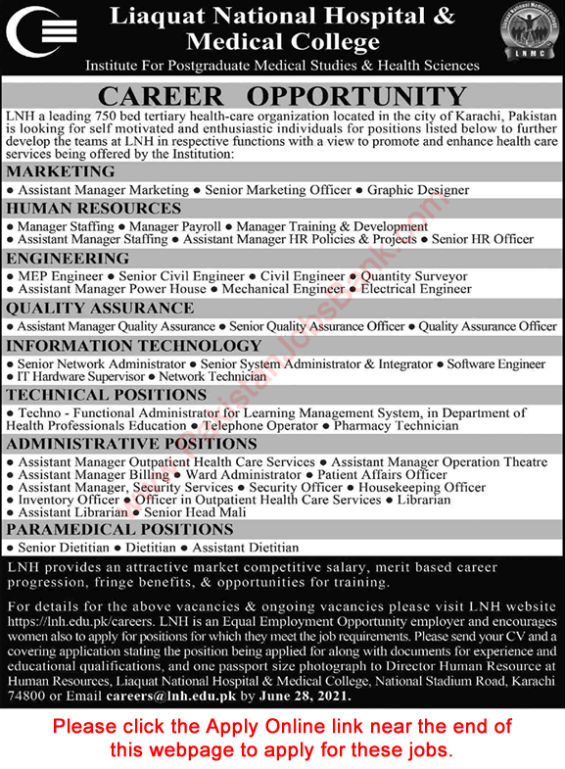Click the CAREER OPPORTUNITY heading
click(x=282, y=97)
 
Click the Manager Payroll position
click(x=179, y=226)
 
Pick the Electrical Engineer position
click(x=415, y=289)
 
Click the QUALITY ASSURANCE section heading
click(x=100, y=308)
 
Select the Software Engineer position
click(x=496, y=363)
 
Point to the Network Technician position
click(x=212, y=376)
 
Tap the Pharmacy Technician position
click(x=396, y=426)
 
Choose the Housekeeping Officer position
click(x=423, y=487)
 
